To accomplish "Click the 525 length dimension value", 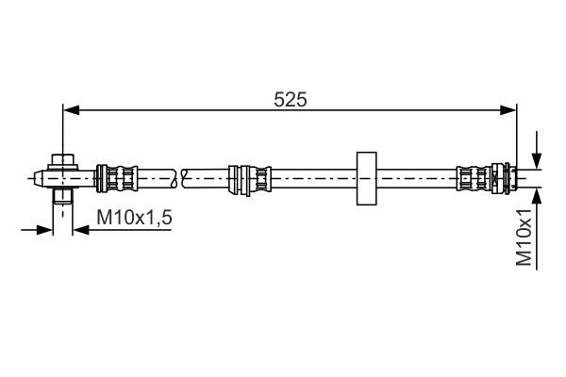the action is coord(291,100).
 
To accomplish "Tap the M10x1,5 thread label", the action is coord(134,218).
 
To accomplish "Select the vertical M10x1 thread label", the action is coord(524,237).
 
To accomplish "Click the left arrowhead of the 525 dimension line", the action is coord(71,109).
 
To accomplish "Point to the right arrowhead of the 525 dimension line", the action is coord(508,109).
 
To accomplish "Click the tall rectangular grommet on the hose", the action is coord(366,178).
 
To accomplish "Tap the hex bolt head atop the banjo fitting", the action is coord(63,161).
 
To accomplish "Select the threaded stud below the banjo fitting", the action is coord(63,196).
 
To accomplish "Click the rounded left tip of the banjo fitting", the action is coord(37,178).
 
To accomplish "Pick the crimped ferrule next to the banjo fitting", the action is coord(116,178).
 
